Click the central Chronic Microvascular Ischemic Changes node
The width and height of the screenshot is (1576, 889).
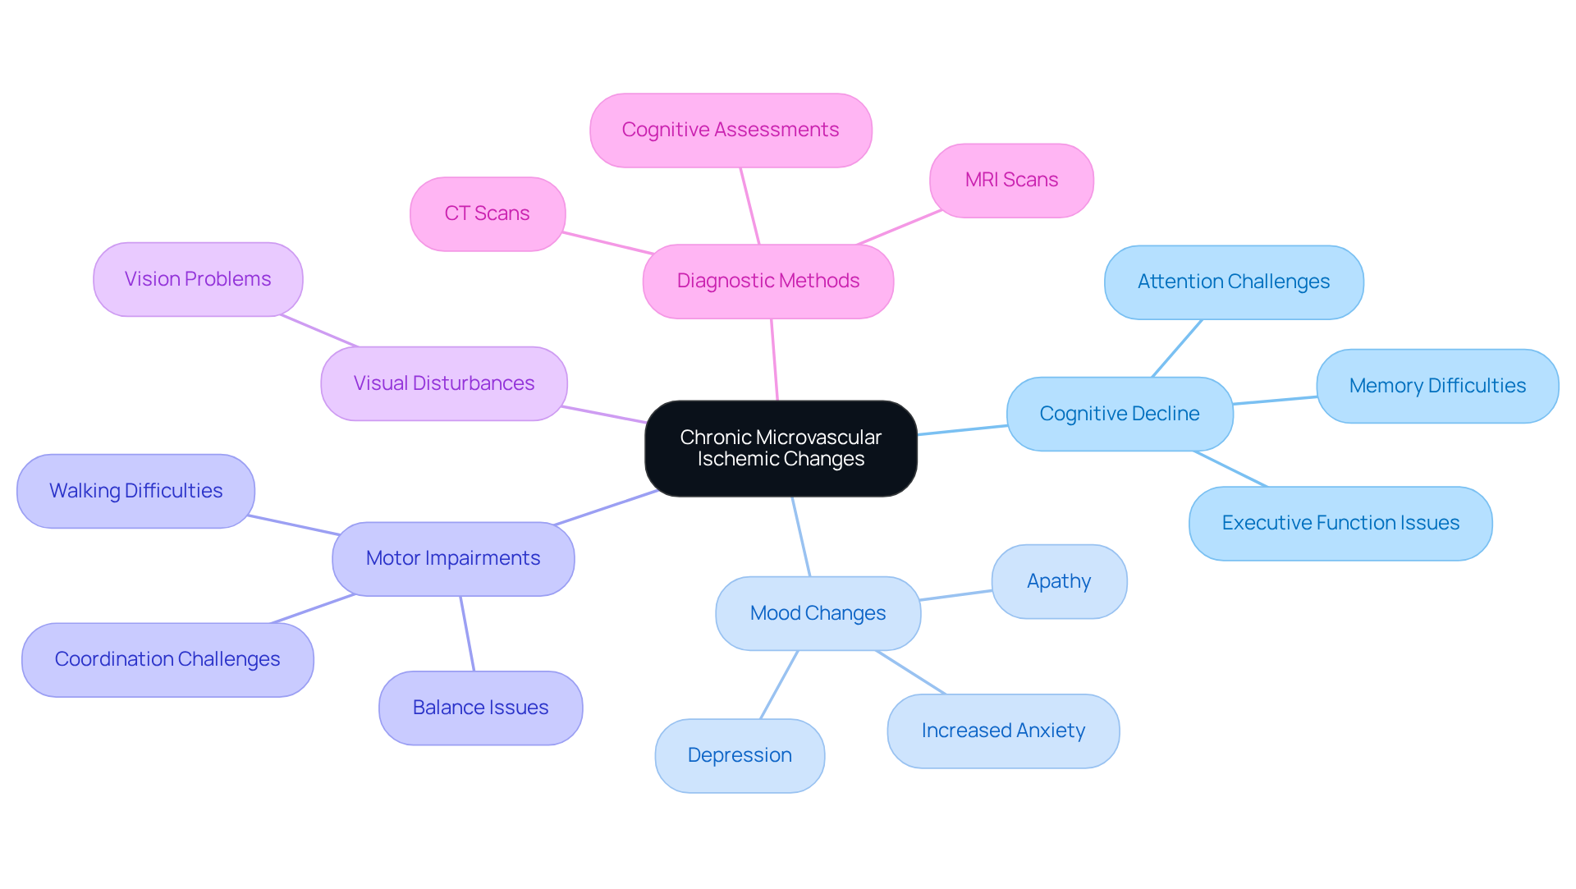tap(781, 448)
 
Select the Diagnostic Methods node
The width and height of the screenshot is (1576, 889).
tap(768, 281)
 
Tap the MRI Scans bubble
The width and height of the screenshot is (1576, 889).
tap(1011, 181)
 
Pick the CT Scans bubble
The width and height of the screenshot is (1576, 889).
tap(488, 213)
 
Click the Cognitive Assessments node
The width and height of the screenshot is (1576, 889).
tap(731, 130)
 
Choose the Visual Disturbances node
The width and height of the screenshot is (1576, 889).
tap(444, 383)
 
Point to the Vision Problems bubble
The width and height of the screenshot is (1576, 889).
tap(198, 279)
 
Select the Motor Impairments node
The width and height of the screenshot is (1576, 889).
tap(453, 558)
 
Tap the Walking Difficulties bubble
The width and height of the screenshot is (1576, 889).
tap(136, 491)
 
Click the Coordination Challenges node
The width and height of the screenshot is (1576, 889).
tap(167, 659)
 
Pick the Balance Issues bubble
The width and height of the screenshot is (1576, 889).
tap(481, 708)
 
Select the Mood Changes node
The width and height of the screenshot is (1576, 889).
tap(818, 613)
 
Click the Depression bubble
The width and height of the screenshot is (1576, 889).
tap(740, 755)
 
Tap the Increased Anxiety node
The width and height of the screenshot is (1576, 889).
tap(1003, 731)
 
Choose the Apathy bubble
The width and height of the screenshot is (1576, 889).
tap(1059, 581)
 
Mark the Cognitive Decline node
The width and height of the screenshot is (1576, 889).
tap(1120, 414)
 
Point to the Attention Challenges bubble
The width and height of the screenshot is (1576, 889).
tap(1234, 282)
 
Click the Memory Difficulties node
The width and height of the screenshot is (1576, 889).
tap(1437, 386)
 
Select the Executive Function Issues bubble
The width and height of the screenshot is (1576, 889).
tap(1340, 523)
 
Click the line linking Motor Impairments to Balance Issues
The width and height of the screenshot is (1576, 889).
tap(467, 634)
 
